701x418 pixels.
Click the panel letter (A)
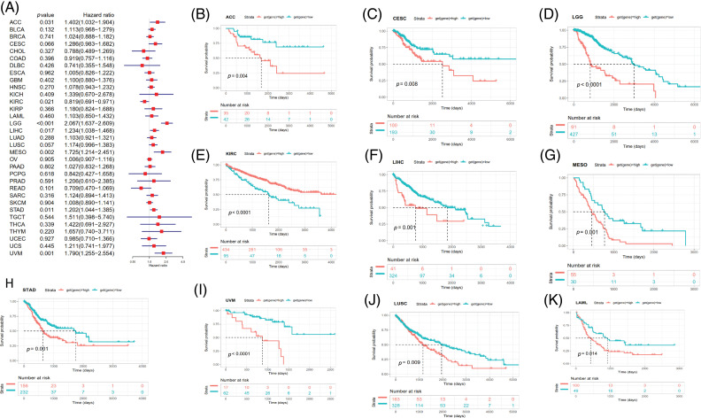(12, 6)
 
